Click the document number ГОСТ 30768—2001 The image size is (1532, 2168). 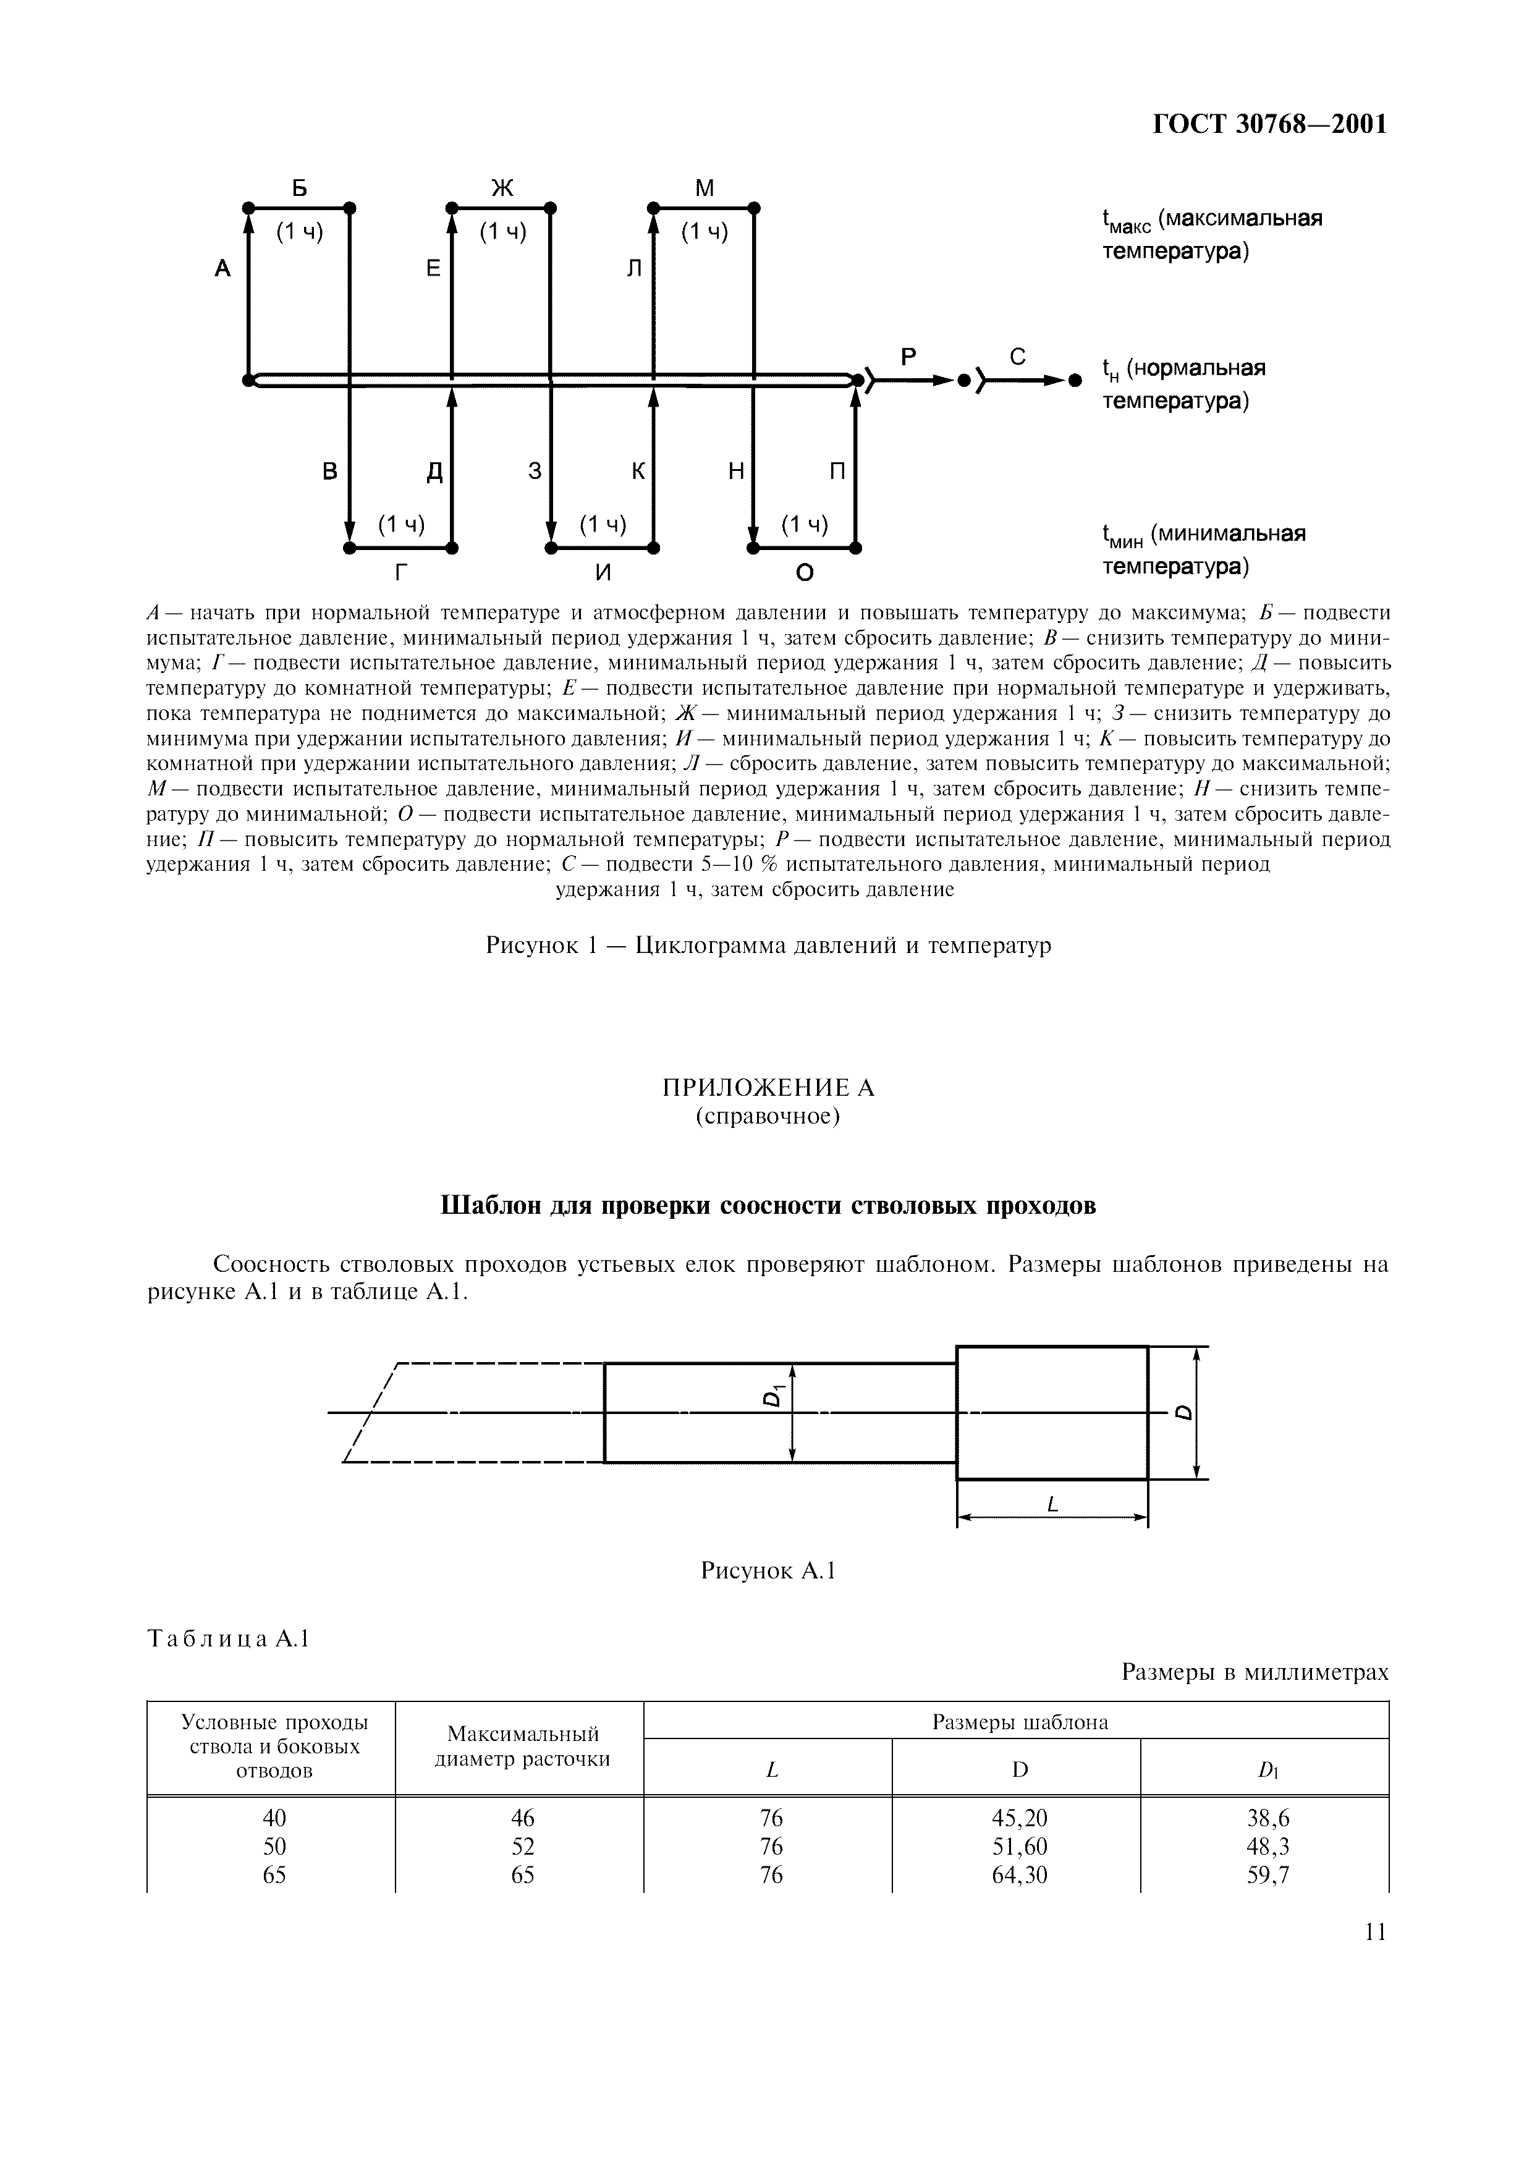click(1269, 125)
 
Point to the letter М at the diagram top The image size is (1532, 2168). click(704, 188)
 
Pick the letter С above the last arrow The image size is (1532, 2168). click(1018, 357)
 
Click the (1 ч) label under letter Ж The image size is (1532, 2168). click(502, 231)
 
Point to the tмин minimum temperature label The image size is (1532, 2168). click(1203, 551)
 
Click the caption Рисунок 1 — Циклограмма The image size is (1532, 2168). click(768, 945)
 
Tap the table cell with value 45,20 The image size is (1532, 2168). click(1020, 1818)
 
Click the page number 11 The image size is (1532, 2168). click(1374, 1933)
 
